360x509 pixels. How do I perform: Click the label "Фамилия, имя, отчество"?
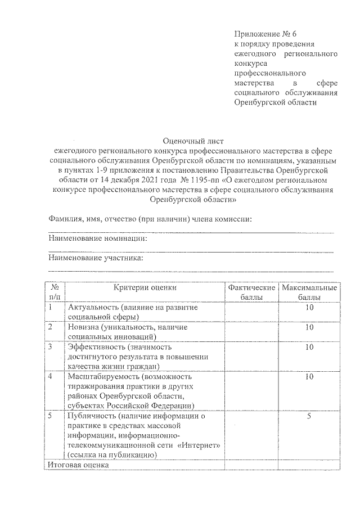(91, 218)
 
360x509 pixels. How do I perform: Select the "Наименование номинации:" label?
(98, 238)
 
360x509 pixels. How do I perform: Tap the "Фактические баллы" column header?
(251, 292)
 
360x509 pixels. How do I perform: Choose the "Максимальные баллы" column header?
(309, 292)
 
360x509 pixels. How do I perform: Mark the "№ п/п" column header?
(55, 292)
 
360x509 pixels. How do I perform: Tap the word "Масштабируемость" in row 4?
(103, 376)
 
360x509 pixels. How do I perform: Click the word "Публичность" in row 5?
(91, 416)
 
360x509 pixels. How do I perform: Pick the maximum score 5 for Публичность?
(309, 416)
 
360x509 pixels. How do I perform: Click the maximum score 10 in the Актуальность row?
(309, 308)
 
